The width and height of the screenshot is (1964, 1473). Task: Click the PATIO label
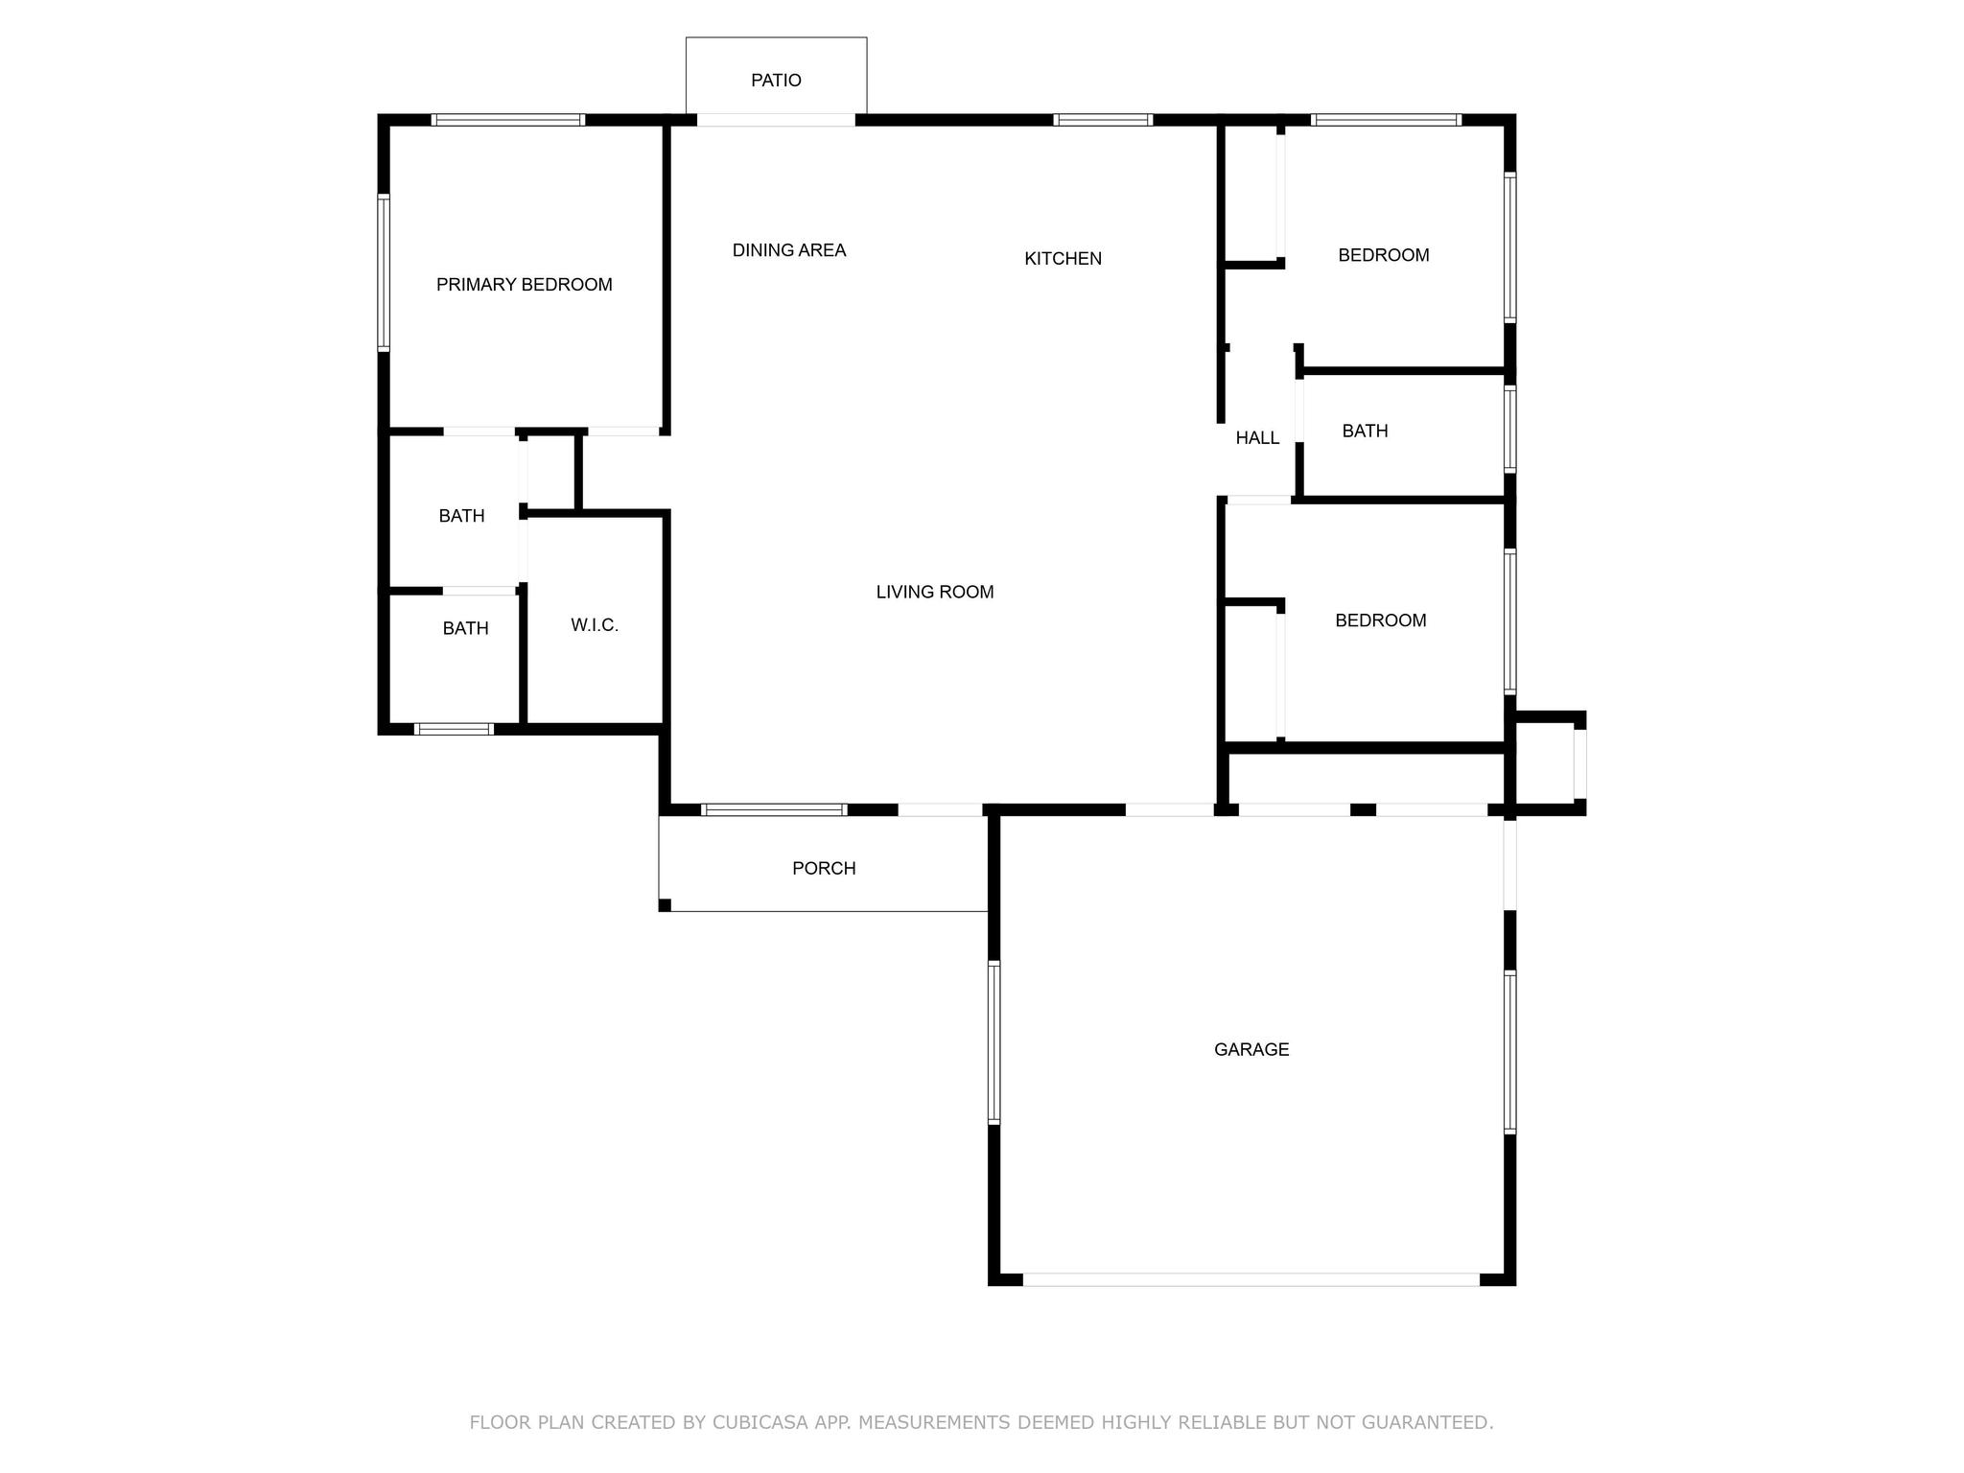click(776, 81)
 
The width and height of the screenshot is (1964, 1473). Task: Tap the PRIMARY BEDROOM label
click(524, 285)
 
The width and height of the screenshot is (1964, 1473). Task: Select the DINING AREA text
click(788, 250)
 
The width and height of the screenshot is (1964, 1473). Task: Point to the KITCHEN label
click(1063, 259)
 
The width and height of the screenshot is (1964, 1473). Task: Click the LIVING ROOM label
click(934, 593)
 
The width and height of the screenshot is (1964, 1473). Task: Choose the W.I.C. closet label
click(595, 625)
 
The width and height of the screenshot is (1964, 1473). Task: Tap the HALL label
click(1256, 438)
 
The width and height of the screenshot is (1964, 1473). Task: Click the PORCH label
click(824, 869)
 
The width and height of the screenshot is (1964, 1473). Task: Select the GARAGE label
click(1251, 1050)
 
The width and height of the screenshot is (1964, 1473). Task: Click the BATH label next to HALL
click(1365, 432)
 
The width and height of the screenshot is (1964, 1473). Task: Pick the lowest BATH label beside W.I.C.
click(465, 629)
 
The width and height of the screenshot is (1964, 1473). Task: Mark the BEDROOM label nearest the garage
click(1380, 620)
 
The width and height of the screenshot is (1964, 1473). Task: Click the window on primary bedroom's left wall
click(384, 272)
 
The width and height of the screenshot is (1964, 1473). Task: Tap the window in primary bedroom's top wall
click(507, 120)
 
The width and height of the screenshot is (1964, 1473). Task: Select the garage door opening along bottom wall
click(1251, 1279)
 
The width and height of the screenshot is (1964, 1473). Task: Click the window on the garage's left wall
click(994, 1042)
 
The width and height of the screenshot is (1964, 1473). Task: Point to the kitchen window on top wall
click(1102, 120)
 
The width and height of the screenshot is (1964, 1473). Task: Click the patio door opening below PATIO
click(775, 120)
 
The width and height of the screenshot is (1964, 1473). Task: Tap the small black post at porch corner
click(665, 905)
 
